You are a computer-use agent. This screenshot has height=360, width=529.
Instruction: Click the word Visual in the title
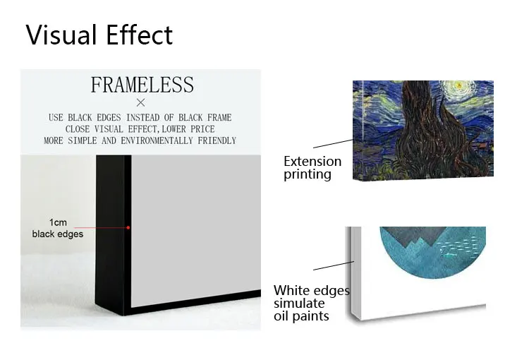[x=61, y=35]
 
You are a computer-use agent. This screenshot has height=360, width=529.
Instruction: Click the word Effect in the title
[x=140, y=35]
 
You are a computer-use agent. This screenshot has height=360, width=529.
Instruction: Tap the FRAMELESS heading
[x=142, y=85]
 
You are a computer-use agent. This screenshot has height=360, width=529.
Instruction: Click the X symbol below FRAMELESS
[x=140, y=102]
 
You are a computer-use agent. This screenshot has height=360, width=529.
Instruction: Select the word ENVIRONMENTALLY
[x=157, y=140]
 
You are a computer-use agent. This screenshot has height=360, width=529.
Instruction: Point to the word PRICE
[x=202, y=129]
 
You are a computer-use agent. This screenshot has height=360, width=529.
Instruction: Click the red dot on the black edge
[x=128, y=227]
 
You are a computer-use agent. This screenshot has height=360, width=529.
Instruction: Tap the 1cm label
[x=58, y=222]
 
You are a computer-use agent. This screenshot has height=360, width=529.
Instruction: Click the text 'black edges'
[x=58, y=234]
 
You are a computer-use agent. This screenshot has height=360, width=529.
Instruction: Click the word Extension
[x=312, y=162]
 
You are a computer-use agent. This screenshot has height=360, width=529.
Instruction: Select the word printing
[x=308, y=174]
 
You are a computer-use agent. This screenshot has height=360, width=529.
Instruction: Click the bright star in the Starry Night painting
[x=458, y=85]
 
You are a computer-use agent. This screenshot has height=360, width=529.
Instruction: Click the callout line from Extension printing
[x=333, y=143]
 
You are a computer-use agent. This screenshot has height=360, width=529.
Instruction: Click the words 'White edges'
[x=312, y=290]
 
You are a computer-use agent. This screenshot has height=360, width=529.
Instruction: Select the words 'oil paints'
[x=301, y=316]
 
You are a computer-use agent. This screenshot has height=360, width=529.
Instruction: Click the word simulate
[x=299, y=304]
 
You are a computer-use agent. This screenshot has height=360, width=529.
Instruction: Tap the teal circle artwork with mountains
[x=433, y=251]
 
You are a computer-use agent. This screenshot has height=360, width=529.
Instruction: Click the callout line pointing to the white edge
[x=334, y=265]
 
